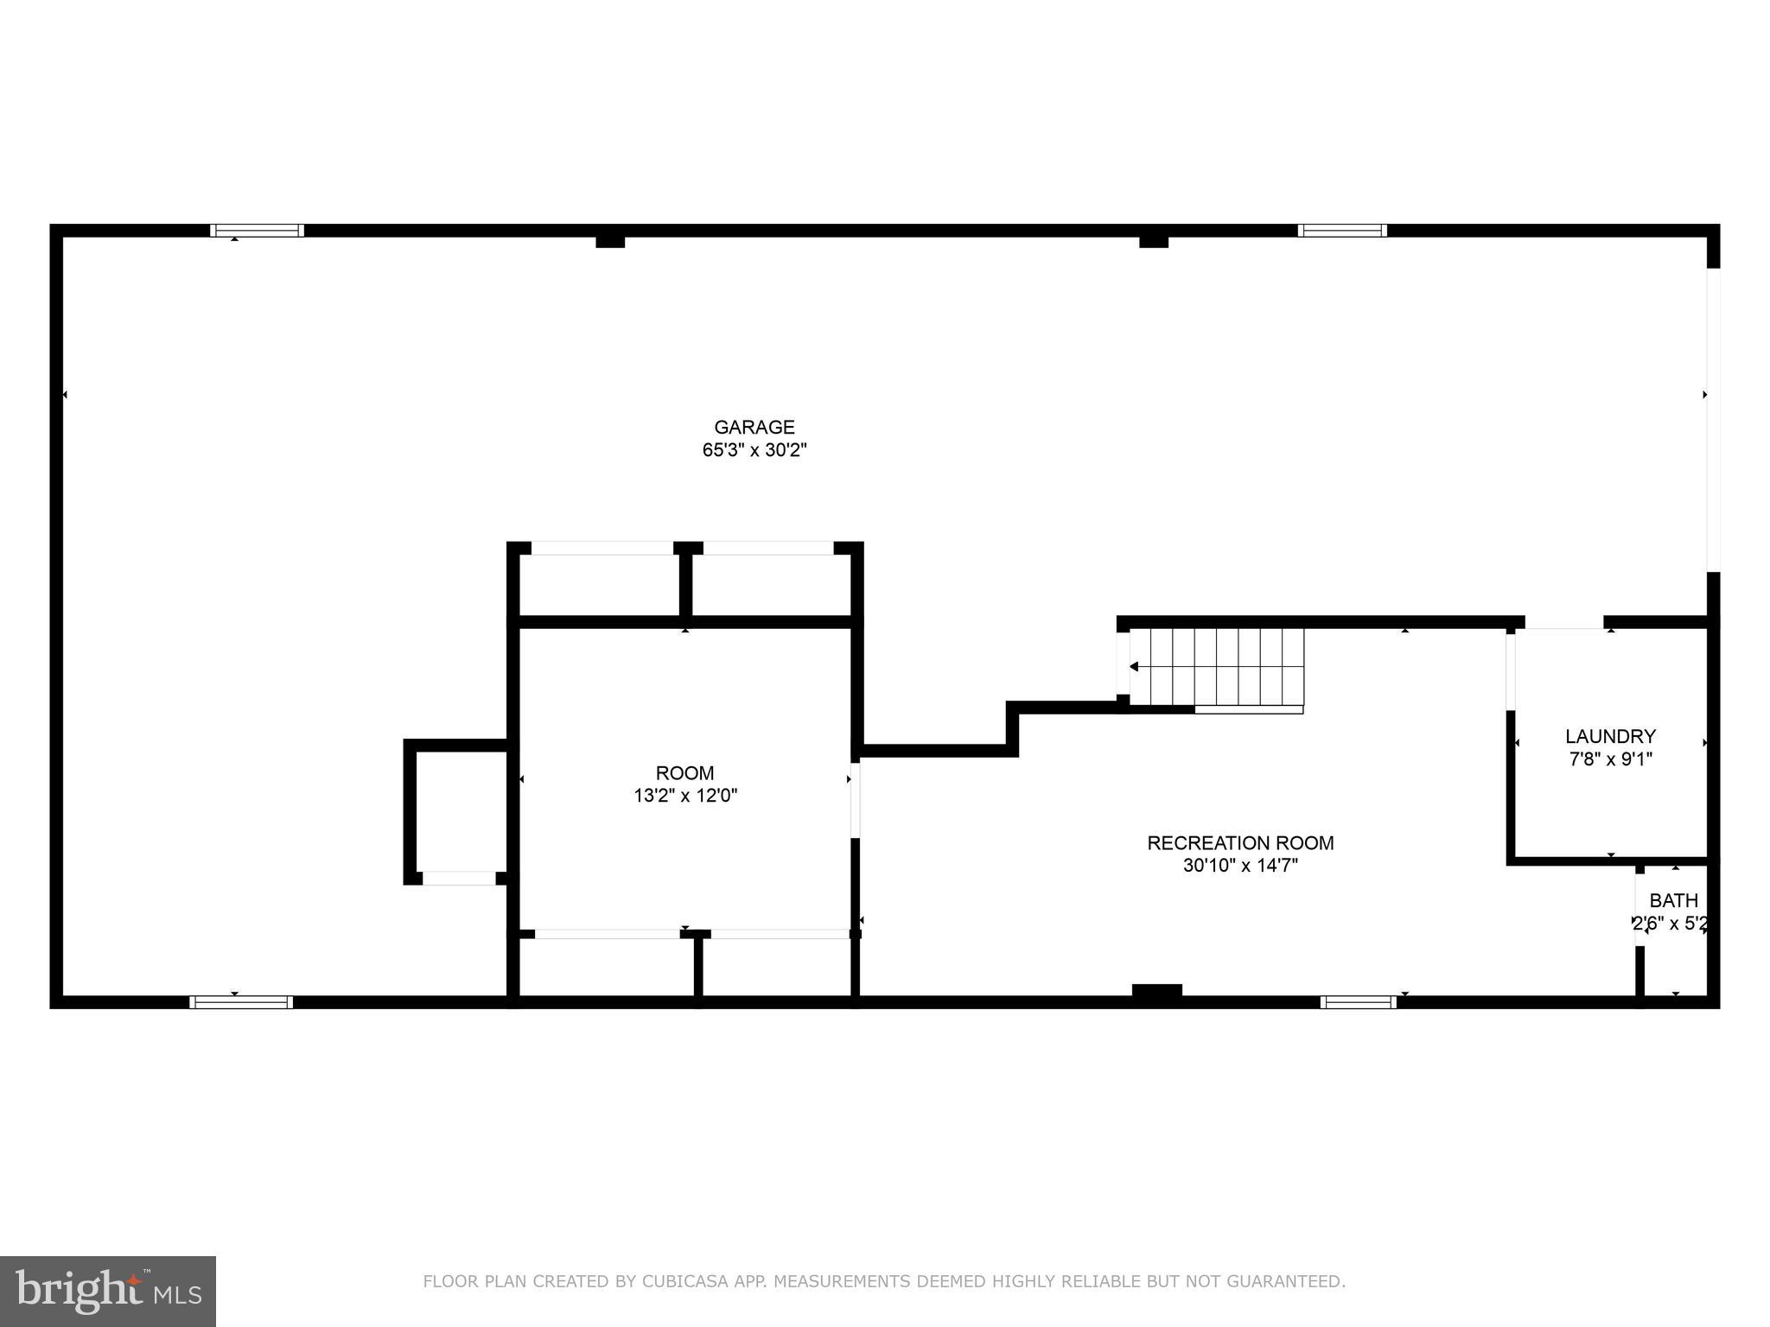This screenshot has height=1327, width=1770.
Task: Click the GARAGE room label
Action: pos(754,427)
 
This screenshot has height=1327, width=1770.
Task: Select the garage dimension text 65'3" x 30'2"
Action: pos(754,450)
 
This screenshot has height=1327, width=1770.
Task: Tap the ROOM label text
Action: pos(684,773)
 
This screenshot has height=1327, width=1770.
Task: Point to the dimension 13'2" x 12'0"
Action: pos(684,796)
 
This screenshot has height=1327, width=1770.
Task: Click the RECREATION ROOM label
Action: pos(1240,842)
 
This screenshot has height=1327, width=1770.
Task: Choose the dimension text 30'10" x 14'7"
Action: pos(1240,866)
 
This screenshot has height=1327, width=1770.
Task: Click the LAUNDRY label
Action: pos(1610,736)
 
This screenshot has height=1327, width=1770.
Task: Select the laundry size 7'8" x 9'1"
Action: pos(1610,759)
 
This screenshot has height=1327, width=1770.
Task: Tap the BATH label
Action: pos(1673,900)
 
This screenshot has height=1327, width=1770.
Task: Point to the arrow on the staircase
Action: pos(1135,667)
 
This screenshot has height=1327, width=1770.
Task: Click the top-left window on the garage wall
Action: pos(257,231)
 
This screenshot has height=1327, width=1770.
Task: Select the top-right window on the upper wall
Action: pos(1341,231)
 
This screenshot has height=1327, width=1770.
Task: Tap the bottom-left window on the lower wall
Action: pos(241,1002)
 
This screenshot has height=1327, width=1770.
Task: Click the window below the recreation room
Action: pos(1358,1002)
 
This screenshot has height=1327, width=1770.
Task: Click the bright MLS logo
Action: pos(107,1291)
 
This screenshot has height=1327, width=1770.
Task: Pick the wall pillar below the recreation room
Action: pos(1156,992)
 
